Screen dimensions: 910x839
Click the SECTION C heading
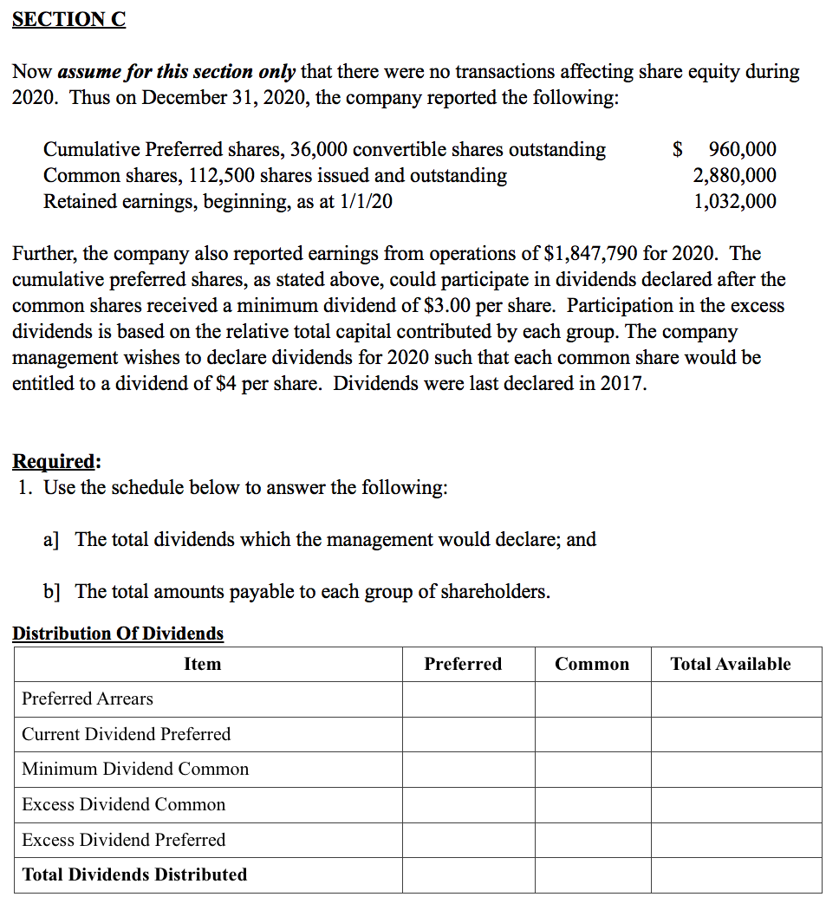(68, 19)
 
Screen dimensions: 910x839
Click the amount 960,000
(742, 149)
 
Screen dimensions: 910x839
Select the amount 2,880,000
(734, 175)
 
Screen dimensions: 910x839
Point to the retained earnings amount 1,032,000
(734, 201)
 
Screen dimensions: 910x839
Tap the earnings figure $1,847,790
(590, 253)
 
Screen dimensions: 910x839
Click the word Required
(55, 460)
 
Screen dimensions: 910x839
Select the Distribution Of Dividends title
(118, 634)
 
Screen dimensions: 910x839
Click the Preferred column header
(463, 664)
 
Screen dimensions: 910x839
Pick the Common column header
(592, 664)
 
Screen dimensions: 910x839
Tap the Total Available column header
(731, 664)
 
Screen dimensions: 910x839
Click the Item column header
(202, 664)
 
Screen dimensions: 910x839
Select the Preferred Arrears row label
(88, 699)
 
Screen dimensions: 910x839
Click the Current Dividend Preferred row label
(127, 734)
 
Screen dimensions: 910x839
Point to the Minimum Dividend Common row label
(135, 769)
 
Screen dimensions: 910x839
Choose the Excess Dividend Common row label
(123, 804)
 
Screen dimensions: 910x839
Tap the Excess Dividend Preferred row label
(123, 840)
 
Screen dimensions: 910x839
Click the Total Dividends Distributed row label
(134, 874)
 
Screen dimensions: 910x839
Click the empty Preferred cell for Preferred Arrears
(468, 699)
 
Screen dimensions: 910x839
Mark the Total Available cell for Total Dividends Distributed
(736, 874)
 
